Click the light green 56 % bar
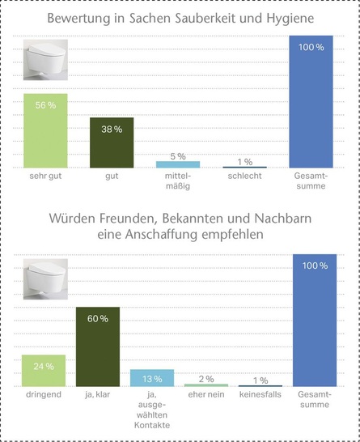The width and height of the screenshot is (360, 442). point(45,130)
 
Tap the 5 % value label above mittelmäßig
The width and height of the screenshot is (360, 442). point(178,156)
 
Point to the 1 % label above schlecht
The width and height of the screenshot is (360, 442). point(245,162)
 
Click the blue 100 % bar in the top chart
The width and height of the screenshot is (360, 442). point(311,101)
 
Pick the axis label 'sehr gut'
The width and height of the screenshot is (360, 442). point(45,176)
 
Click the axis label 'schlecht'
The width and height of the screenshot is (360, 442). point(244,176)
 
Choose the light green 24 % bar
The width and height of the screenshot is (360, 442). point(44,370)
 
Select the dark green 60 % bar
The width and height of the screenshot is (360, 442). point(98,346)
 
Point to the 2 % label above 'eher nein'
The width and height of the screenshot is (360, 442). point(206,379)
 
